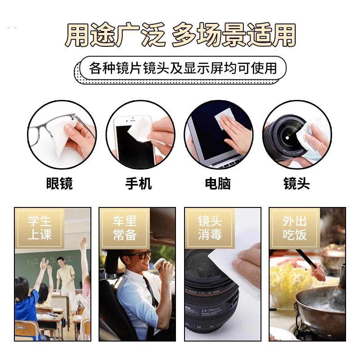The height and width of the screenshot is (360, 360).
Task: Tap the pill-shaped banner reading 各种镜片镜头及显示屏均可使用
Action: (182, 68)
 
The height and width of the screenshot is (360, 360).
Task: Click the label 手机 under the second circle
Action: (138, 184)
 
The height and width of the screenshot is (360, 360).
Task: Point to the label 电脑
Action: (217, 184)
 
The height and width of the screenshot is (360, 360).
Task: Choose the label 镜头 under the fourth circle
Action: (297, 184)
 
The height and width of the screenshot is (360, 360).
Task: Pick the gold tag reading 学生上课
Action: (40, 228)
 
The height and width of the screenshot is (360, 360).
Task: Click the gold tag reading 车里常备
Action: (125, 228)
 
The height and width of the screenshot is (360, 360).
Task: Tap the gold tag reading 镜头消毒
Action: (210, 228)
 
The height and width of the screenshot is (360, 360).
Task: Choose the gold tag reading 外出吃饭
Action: (294, 228)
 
